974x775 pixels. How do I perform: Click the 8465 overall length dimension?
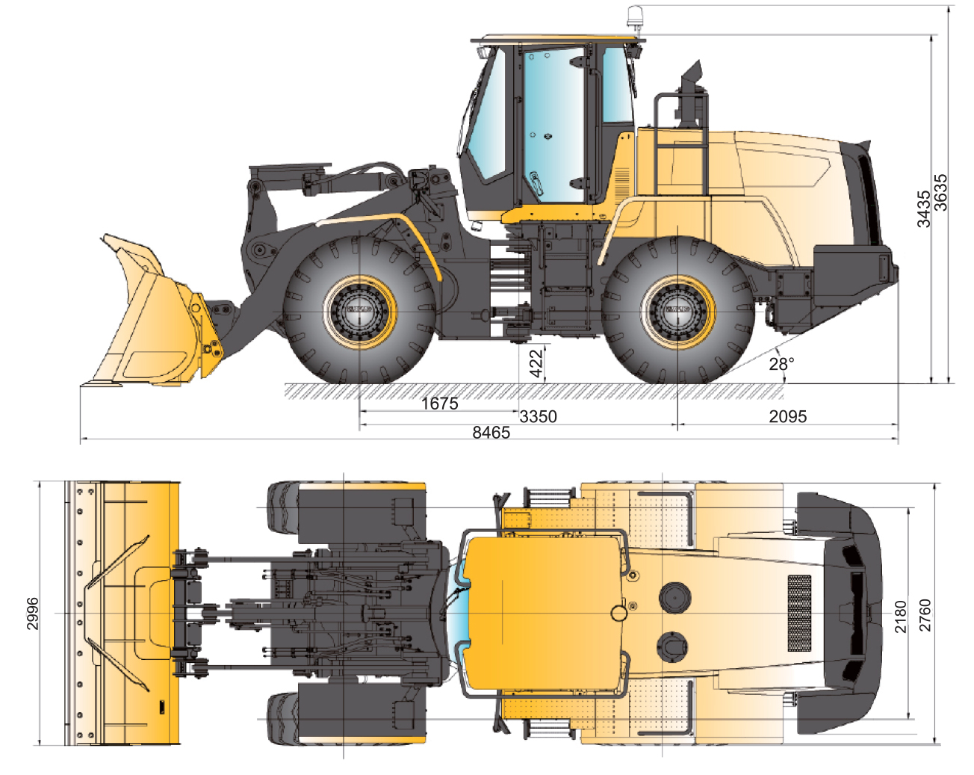(491, 433)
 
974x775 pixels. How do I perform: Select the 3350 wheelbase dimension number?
(538, 416)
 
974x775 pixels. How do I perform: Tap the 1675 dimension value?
(439, 403)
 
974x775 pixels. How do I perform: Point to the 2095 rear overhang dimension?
(787, 416)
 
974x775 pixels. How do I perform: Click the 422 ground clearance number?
(536, 363)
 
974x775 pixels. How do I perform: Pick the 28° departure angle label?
(781, 364)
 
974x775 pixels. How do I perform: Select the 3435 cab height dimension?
(923, 209)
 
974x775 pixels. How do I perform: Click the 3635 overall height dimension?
(940, 193)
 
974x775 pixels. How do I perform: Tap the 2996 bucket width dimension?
(33, 614)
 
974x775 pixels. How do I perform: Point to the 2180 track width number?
(901, 617)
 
